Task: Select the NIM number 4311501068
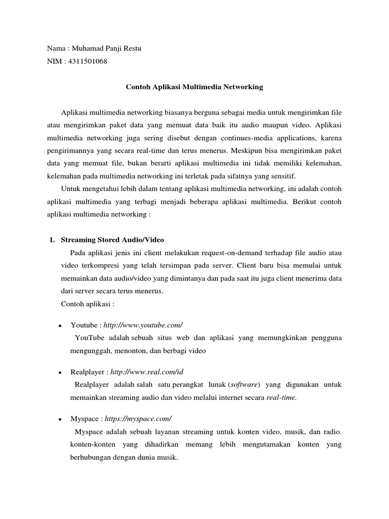pyautogui.click(x=87, y=62)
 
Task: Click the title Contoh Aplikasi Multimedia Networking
pyautogui.click(x=194, y=87)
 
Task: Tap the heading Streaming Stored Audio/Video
pyautogui.click(x=112, y=239)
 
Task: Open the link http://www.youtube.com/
pyautogui.click(x=143, y=324)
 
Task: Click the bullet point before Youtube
pyautogui.click(x=60, y=325)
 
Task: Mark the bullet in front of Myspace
pyautogui.click(x=60, y=420)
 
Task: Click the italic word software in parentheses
pyautogui.click(x=245, y=385)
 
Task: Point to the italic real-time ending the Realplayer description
pyautogui.click(x=281, y=397)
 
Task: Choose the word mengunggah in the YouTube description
pyautogui.click(x=90, y=350)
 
